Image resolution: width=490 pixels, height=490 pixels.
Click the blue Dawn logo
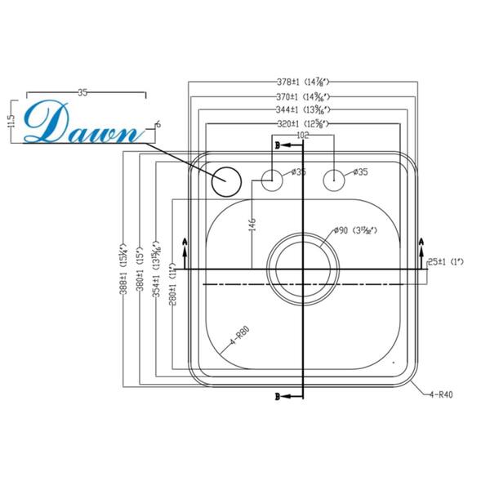[82, 123]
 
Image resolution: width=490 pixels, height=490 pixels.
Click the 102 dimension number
[304, 136]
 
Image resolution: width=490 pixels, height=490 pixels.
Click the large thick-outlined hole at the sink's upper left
[225, 180]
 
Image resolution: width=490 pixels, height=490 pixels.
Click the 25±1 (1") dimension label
[446, 261]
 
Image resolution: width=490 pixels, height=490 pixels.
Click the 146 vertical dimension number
[252, 223]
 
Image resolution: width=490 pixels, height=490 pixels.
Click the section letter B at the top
[278, 145]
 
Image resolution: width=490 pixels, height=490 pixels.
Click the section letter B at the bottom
[278, 397]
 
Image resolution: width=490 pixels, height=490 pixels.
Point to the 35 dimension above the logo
[82, 92]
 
